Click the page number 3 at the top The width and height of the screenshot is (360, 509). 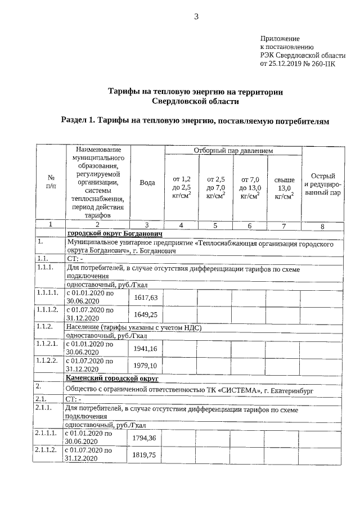pos(197,16)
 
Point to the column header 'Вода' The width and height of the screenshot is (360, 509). pos(147,183)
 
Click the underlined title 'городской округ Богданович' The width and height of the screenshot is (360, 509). pos(115,233)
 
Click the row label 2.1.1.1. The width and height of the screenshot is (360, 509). pos(47,434)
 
